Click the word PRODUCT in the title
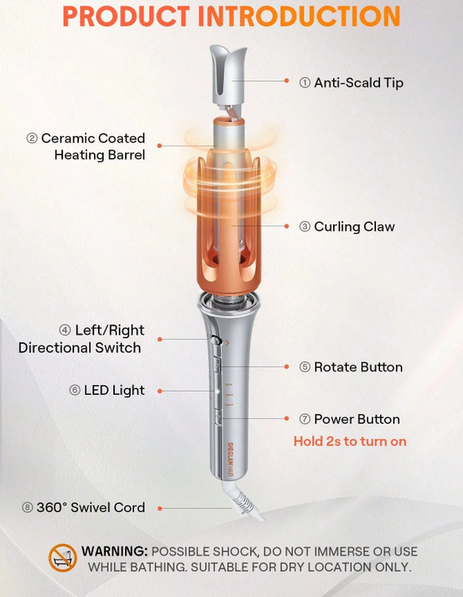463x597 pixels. point(126,17)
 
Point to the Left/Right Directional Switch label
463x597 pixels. point(81,339)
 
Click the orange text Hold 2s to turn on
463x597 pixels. point(350,441)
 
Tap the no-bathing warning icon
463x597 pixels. point(62,558)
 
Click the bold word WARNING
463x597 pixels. point(114,552)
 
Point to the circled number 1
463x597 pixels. point(304,83)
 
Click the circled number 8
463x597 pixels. point(27,508)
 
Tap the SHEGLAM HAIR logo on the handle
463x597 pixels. point(230,459)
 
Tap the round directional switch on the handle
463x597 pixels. point(216,340)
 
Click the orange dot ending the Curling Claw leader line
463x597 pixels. point(287,226)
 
